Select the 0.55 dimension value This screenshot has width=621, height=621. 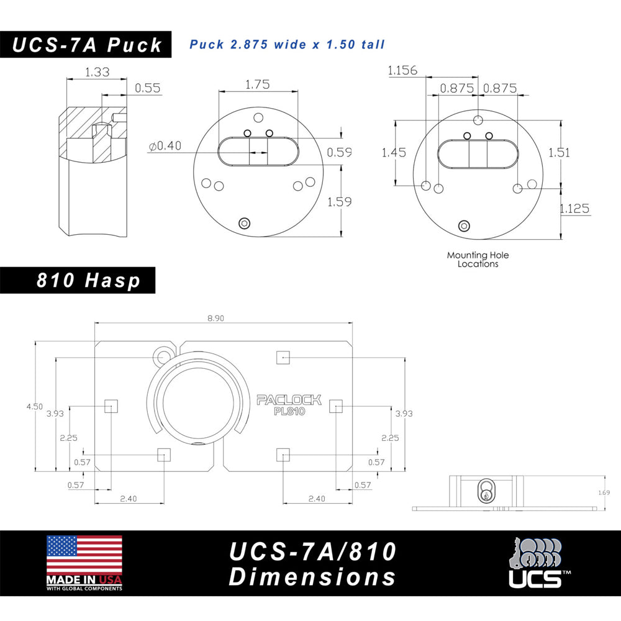pyautogui.click(x=148, y=88)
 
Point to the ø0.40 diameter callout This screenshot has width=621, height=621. pyautogui.click(x=165, y=146)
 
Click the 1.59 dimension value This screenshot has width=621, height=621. pyautogui.click(x=339, y=201)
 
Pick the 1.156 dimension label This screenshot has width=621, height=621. pyautogui.click(x=402, y=70)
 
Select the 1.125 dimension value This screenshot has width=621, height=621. pyautogui.click(x=574, y=209)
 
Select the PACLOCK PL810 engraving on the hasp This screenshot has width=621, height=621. pyautogui.click(x=289, y=405)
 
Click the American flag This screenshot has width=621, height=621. pyautogui.click(x=84, y=556)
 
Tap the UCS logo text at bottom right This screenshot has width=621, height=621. pyautogui.click(x=535, y=578)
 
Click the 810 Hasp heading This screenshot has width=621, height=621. pyautogui.click(x=88, y=281)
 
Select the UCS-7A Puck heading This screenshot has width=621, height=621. pyautogui.click(x=88, y=45)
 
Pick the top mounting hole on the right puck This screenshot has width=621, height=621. pyautogui.click(x=478, y=119)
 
